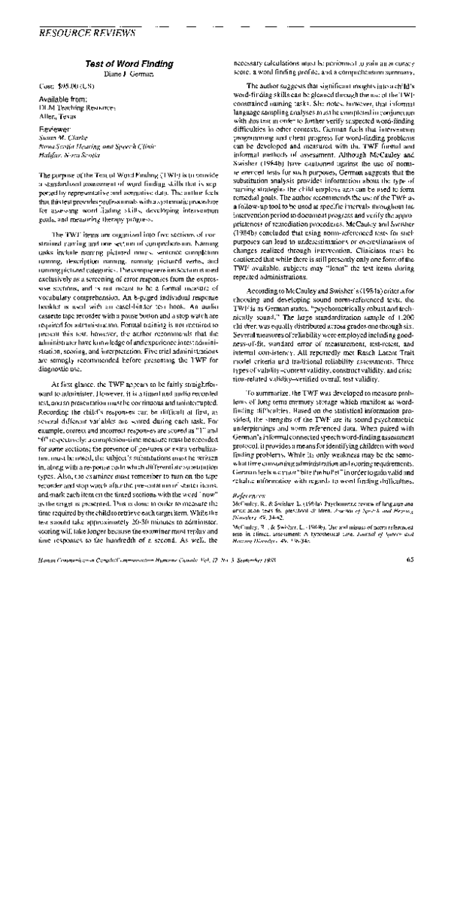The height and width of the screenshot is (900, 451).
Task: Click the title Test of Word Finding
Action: tap(129, 65)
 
